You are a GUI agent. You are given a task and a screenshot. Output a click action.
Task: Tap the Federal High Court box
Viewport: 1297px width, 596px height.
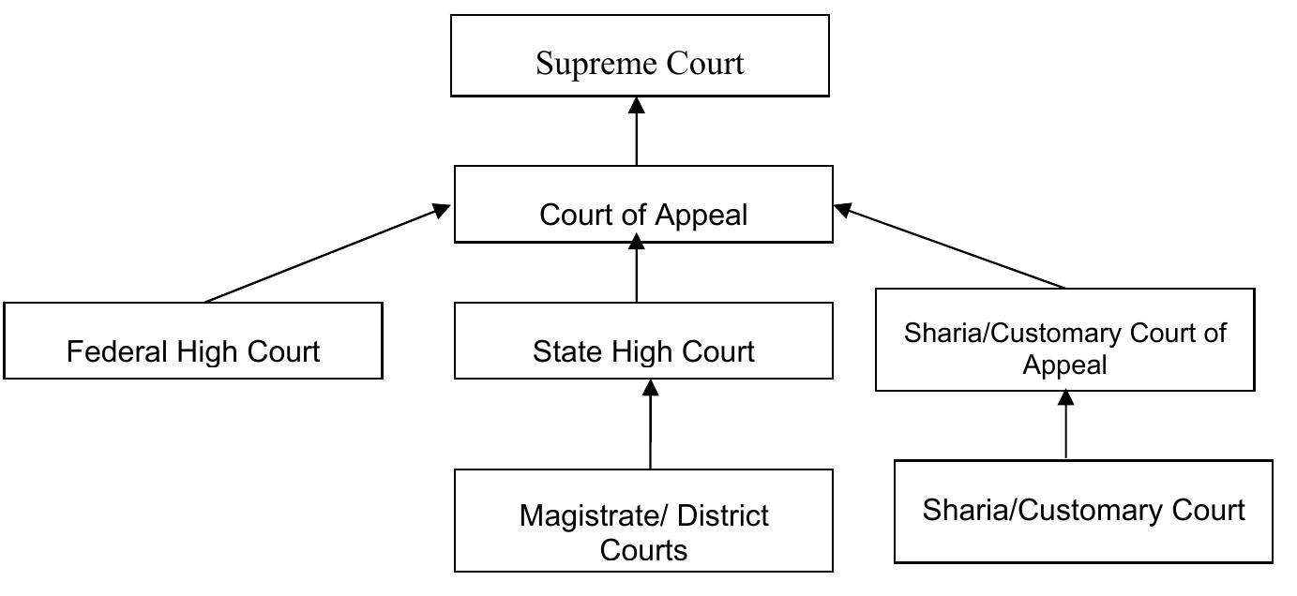(x=193, y=341)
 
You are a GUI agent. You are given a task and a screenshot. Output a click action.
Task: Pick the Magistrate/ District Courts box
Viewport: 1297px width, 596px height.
(x=643, y=521)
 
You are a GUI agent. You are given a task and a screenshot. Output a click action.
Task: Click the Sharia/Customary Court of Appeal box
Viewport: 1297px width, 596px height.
(x=1064, y=339)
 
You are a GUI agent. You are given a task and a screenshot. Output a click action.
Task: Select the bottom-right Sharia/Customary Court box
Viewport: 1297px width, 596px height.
(x=1083, y=511)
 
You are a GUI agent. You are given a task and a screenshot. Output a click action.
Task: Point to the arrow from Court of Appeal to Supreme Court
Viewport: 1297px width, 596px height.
(x=637, y=136)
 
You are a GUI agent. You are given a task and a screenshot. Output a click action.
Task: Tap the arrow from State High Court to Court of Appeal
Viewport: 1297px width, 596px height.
(x=637, y=274)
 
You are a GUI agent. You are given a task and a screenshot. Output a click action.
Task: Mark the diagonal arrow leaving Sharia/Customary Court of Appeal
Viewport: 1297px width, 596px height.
(x=952, y=248)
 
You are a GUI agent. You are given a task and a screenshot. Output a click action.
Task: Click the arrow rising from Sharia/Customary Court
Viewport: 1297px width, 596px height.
(x=1065, y=427)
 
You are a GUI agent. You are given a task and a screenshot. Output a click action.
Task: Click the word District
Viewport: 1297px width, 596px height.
(x=722, y=515)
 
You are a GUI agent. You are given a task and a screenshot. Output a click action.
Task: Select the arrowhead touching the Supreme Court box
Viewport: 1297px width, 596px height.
(x=637, y=105)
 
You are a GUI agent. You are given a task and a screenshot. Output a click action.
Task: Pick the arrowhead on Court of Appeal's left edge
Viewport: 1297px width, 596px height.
(x=441, y=211)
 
